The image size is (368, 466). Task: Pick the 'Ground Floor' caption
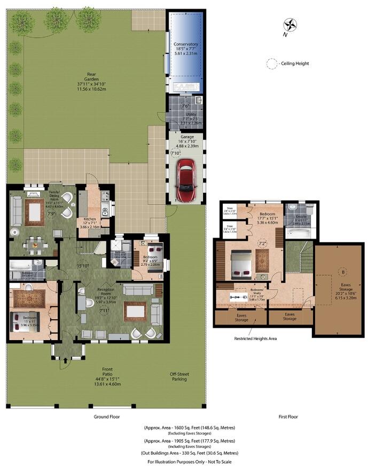pyautogui.click(x=106, y=416)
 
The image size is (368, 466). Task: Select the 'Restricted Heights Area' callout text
pyautogui.click(x=256, y=338)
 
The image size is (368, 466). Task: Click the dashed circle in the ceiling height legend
pyautogui.click(x=272, y=64)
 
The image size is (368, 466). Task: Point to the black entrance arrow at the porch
pyautogui.click(x=65, y=361)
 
